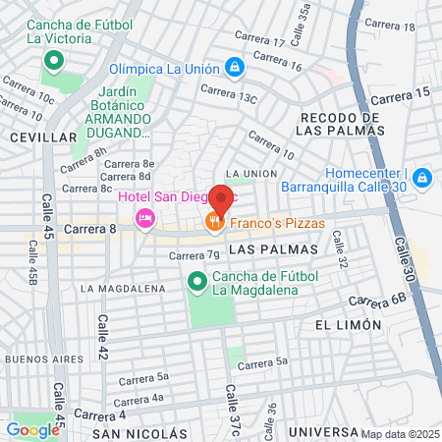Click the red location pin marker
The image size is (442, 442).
pyautogui.click(x=221, y=200)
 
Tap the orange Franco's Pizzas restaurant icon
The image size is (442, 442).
pyautogui.click(x=212, y=224)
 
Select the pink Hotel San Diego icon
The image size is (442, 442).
pyautogui.click(x=145, y=216)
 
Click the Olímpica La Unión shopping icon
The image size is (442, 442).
pyautogui.click(x=235, y=68)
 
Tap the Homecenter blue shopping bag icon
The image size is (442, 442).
pyautogui.click(x=421, y=178)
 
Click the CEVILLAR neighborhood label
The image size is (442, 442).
pyautogui.click(x=41, y=138)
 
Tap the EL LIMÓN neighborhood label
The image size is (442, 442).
pyautogui.click(x=348, y=325)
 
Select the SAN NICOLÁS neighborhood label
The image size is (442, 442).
pyautogui.click(x=138, y=433)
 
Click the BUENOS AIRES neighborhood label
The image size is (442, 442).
pyautogui.click(x=37, y=359)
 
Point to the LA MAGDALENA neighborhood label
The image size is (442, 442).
pyautogui.click(x=123, y=289)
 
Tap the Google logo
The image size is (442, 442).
pyautogui.click(x=32, y=429)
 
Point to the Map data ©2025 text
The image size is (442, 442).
pyautogui.click(x=401, y=434)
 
